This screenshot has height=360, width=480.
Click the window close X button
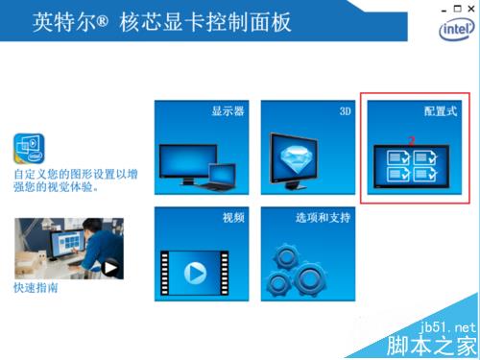(x=471, y=9)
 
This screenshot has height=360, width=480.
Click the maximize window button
(x=458, y=9)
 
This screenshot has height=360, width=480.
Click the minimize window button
(x=444, y=11)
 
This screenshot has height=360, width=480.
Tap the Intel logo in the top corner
(x=457, y=29)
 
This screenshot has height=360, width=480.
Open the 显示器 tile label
(x=228, y=111)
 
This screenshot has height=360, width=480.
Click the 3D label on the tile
(x=345, y=111)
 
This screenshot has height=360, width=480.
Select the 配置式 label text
(x=441, y=111)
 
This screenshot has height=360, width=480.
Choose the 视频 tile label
(x=233, y=218)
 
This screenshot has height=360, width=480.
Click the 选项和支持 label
(x=323, y=218)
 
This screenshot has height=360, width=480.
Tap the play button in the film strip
(x=195, y=273)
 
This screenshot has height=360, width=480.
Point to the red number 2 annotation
(x=412, y=141)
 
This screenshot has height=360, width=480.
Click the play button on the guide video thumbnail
(x=109, y=268)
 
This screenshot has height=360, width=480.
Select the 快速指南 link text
(x=36, y=288)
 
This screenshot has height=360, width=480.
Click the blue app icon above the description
(x=29, y=149)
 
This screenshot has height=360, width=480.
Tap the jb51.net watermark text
(x=447, y=327)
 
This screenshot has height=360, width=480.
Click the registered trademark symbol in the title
(x=102, y=21)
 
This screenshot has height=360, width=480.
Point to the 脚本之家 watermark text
(x=432, y=346)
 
